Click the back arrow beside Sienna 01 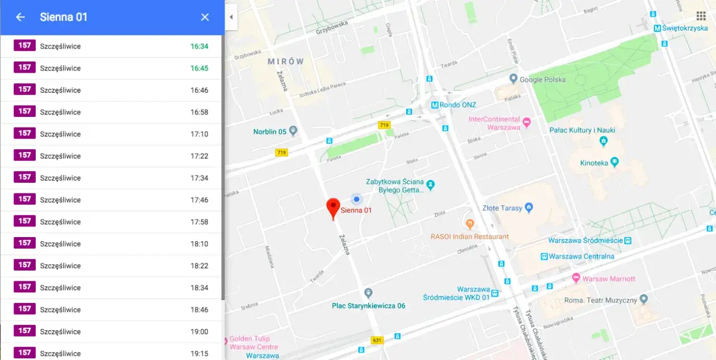click(20, 17)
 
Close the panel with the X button click(205, 17)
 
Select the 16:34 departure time click(199, 46)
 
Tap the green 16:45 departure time click(199, 68)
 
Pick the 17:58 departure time click(199, 222)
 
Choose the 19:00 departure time click(199, 331)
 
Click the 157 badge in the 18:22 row click(25, 266)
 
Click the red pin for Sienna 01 click(333, 207)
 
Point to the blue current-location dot click(356, 199)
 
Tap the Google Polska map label click(542, 79)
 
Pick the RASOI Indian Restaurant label click(470, 236)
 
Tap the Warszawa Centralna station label click(581, 256)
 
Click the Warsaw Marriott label click(608, 278)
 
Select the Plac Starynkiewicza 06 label click(368, 306)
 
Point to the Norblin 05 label click(270, 132)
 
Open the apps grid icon click(701, 16)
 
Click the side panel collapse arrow click(231, 17)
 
